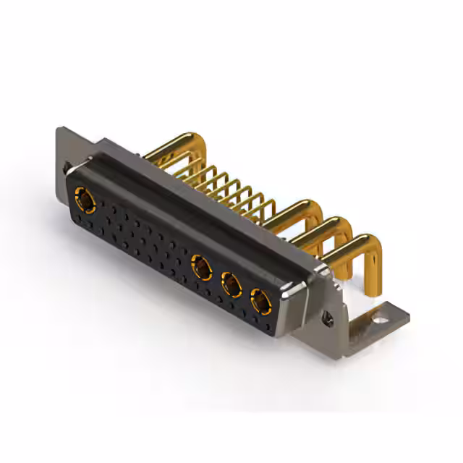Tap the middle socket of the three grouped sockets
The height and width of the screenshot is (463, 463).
pyautogui.click(x=231, y=283)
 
